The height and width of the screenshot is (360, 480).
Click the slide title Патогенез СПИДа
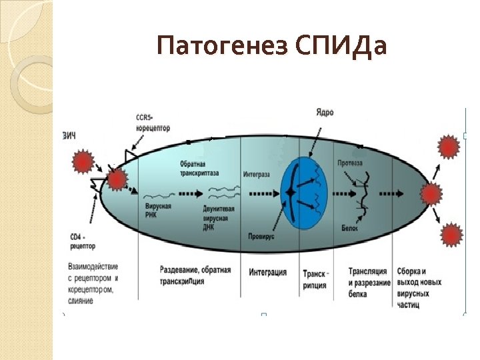coord(271,47)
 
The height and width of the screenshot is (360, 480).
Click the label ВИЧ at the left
coord(69,136)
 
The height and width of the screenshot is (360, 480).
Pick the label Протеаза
coord(349,163)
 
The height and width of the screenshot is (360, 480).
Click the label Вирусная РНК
coord(158,211)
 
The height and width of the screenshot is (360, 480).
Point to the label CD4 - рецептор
coord(83,241)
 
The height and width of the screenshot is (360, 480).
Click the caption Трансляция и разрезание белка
coord(367,282)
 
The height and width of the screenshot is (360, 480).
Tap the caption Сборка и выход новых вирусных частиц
coord(419,287)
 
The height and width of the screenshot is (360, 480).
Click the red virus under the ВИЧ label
coord(82,161)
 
